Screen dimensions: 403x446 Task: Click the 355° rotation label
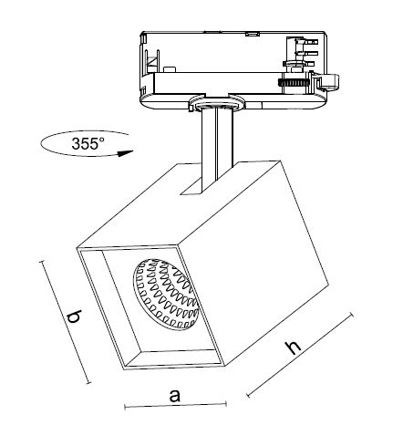coord(88,143)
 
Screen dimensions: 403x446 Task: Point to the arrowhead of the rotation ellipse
coord(126,153)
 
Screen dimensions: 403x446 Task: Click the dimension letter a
coord(175,396)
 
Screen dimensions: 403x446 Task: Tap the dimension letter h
coord(293,347)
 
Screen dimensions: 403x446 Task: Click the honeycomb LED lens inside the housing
coord(166,294)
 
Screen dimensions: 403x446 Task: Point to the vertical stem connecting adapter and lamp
coord(217,149)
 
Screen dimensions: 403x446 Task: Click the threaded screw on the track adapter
coord(294,82)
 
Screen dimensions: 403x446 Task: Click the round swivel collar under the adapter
coord(216,103)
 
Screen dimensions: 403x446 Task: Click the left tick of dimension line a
coord(125,407)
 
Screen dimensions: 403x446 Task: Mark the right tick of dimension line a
coord(226,404)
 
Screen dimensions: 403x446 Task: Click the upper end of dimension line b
coord(42,262)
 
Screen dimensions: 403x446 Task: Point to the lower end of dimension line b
coord(88,383)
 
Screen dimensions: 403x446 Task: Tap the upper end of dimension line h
coord(352,315)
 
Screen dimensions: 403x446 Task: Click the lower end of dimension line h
coord(248,395)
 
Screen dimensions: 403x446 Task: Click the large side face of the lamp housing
coord(253,262)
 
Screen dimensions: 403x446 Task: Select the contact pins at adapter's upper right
coord(306,52)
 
